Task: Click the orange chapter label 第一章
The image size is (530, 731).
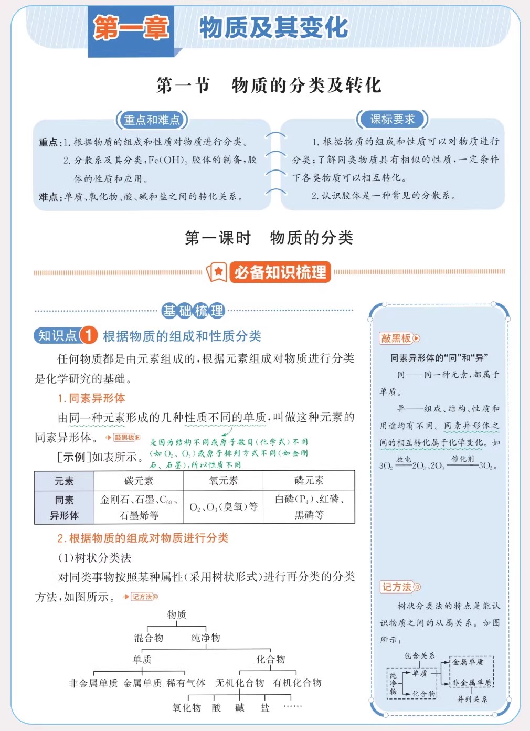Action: click(131, 28)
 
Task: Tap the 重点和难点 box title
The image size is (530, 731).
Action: click(152, 120)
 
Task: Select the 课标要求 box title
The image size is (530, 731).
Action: click(392, 120)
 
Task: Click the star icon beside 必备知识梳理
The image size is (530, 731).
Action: click(217, 272)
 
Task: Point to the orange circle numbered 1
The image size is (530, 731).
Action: click(89, 335)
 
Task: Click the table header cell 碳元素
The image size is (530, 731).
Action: click(139, 481)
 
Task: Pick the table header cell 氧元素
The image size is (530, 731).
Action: click(223, 481)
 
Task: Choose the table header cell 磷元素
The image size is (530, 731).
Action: click(309, 481)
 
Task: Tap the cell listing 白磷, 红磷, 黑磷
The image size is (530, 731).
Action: click(309, 507)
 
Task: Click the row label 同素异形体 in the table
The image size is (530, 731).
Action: click(64, 507)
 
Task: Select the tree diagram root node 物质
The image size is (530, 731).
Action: click(177, 615)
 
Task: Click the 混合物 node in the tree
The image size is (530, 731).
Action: click(149, 638)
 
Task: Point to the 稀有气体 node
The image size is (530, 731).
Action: click(186, 683)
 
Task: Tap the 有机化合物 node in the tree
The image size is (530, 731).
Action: click(297, 683)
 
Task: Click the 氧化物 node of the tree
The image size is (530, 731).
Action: click(187, 707)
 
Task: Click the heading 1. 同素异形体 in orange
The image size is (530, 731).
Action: click(91, 398)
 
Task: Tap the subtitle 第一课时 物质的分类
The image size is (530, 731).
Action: click(269, 238)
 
